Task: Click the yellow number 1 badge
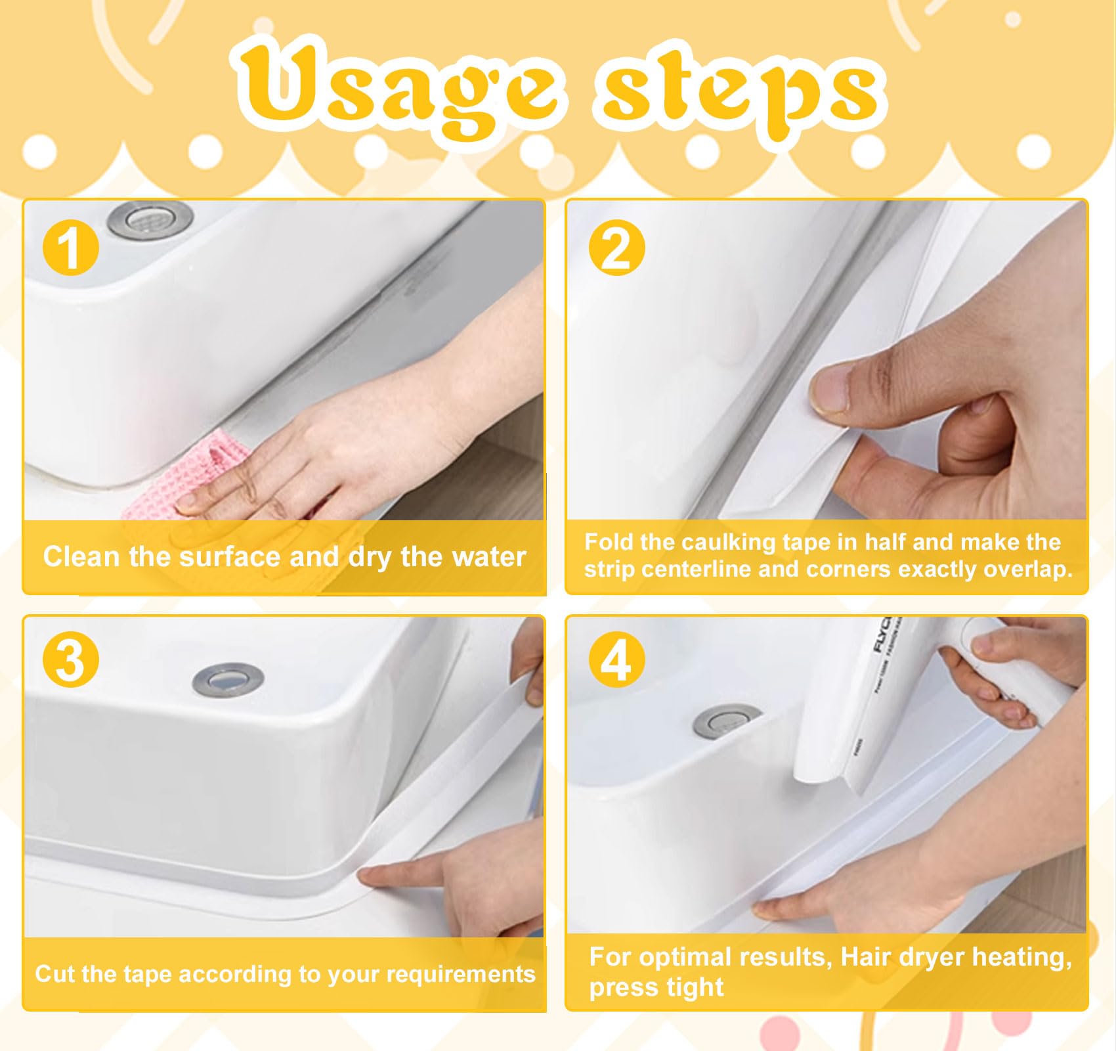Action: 70,248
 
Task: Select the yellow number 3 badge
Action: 70,660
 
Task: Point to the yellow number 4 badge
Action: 616,660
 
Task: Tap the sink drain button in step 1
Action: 150,219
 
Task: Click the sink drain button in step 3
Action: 228,679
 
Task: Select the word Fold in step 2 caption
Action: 609,542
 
